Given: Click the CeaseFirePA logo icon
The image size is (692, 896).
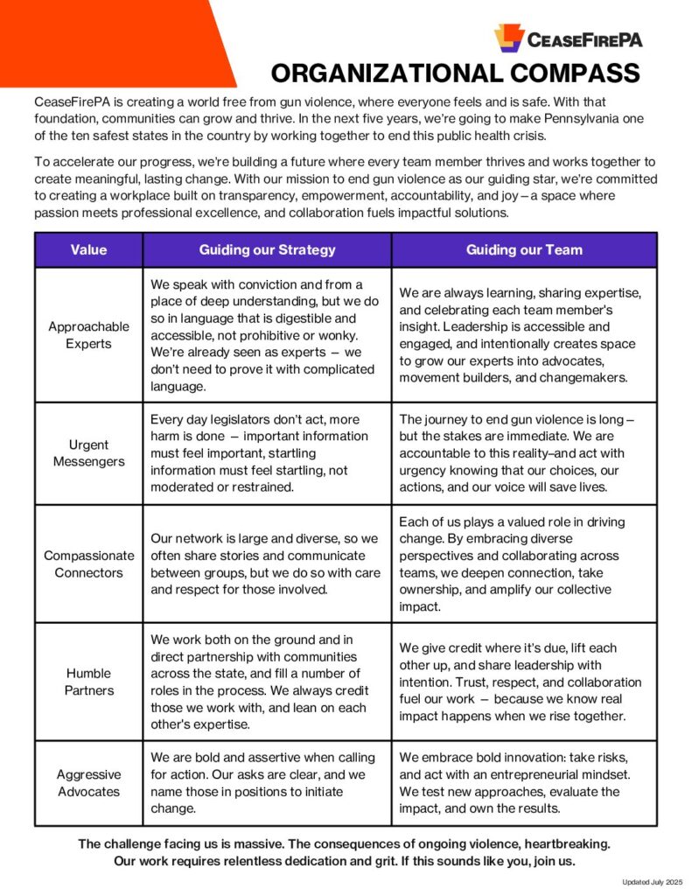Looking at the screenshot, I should pyautogui.click(x=508, y=38).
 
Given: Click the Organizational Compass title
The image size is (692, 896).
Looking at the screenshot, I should pyautogui.click(x=455, y=73).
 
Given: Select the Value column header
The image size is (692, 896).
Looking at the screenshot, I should pyautogui.click(x=88, y=250).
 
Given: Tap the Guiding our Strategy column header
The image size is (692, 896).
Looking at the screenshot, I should pyautogui.click(x=267, y=250).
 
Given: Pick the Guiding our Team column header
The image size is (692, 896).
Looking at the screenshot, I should pyautogui.click(x=524, y=250).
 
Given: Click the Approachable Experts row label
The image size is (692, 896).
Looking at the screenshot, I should pyautogui.click(x=88, y=334).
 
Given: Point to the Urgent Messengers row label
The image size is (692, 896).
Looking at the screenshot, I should pyautogui.click(x=88, y=453).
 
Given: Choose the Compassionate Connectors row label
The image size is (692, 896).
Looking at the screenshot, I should pyautogui.click(x=88, y=563).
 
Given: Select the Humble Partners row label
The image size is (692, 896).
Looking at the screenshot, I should pyautogui.click(x=88, y=682).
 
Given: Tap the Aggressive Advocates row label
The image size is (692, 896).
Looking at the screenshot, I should pyautogui.click(x=88, y=783).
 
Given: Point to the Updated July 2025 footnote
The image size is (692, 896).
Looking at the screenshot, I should pyautogui.click(x=652, y=882).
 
